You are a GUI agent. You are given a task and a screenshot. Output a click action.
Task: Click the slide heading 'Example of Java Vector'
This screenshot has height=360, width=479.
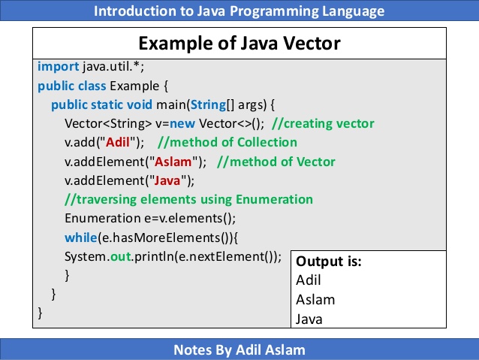point(239,43)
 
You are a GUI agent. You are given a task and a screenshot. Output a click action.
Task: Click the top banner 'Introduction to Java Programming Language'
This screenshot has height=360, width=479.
point(239,11)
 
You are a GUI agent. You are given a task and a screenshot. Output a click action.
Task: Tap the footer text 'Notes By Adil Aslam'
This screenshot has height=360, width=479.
point(239,349)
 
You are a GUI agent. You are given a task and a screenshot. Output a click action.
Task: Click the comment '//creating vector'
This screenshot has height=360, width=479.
point(323,123)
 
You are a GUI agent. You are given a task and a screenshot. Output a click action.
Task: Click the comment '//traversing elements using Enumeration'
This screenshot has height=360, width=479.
point(188,199)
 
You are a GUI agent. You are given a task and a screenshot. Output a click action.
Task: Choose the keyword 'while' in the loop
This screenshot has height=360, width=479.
point(80,237)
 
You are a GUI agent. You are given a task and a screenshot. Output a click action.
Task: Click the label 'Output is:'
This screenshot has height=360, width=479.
point(329,262)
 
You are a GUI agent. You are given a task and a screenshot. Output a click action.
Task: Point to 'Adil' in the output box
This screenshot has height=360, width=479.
point(309,280)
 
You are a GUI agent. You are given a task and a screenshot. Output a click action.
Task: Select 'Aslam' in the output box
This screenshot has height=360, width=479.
point(316,299)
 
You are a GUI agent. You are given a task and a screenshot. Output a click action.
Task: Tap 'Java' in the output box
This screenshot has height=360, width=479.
point(310,319)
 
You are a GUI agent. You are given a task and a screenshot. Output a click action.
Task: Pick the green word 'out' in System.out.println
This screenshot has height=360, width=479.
point(121,256)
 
